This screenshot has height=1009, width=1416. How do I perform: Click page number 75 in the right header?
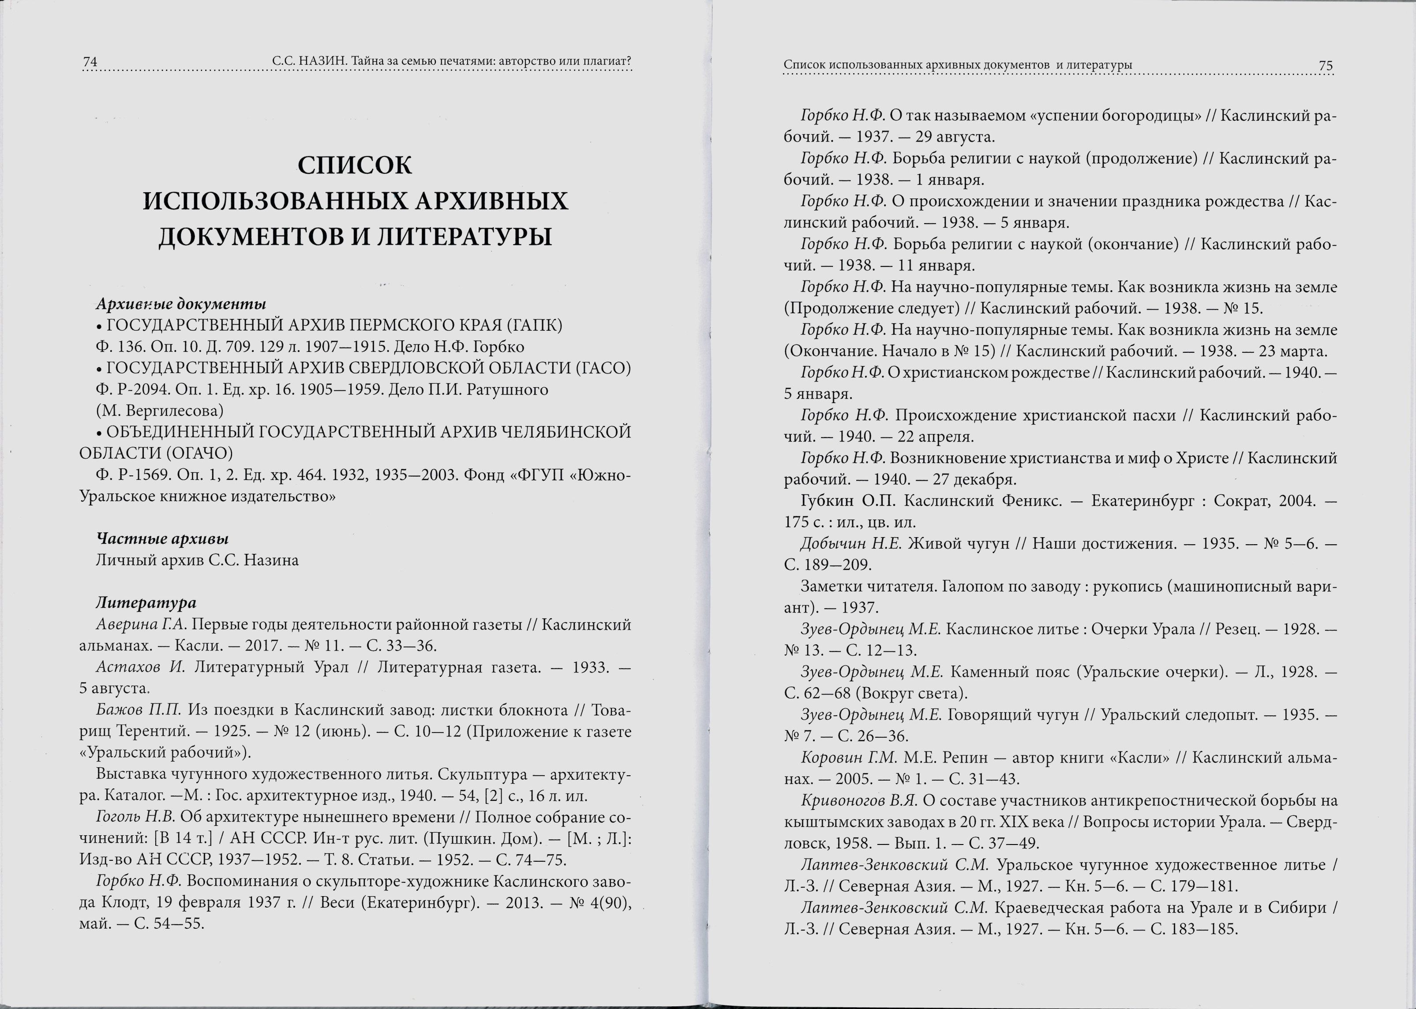tap(1325, 66)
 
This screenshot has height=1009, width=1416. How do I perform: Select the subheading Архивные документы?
tap(181, 304)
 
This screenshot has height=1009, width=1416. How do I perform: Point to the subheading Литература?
tap(146, 603)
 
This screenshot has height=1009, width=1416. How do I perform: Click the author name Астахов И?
tap(141, 667)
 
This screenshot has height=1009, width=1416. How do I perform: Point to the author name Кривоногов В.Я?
tap(859, 801)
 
